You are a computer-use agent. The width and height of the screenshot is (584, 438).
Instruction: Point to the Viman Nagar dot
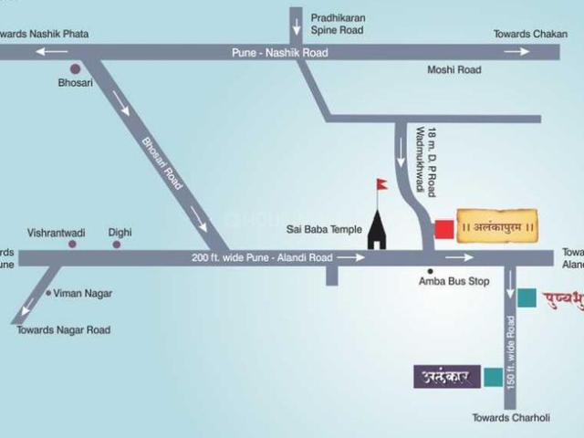(x=48, y=293)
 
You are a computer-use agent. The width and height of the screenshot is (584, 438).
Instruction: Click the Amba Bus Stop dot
(x=430, y=271)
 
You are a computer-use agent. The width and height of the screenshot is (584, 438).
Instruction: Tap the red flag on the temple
(x=381, y=184)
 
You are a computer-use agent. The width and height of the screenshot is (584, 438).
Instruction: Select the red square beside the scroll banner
(x=443, y=228)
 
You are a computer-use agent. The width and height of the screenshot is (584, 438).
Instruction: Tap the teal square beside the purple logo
(x=493, y=376)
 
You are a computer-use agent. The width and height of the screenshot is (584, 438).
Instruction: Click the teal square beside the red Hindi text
(x=527, y=297)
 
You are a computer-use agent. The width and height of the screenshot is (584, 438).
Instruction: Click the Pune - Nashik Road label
(x=278, y=53)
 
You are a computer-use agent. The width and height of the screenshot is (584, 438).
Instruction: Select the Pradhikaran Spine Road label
(x=337, y=24)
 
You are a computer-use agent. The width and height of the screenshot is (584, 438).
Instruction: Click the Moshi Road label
(x=454, y=70)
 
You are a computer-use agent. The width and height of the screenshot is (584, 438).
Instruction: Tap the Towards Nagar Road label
(x=64, y=330)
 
